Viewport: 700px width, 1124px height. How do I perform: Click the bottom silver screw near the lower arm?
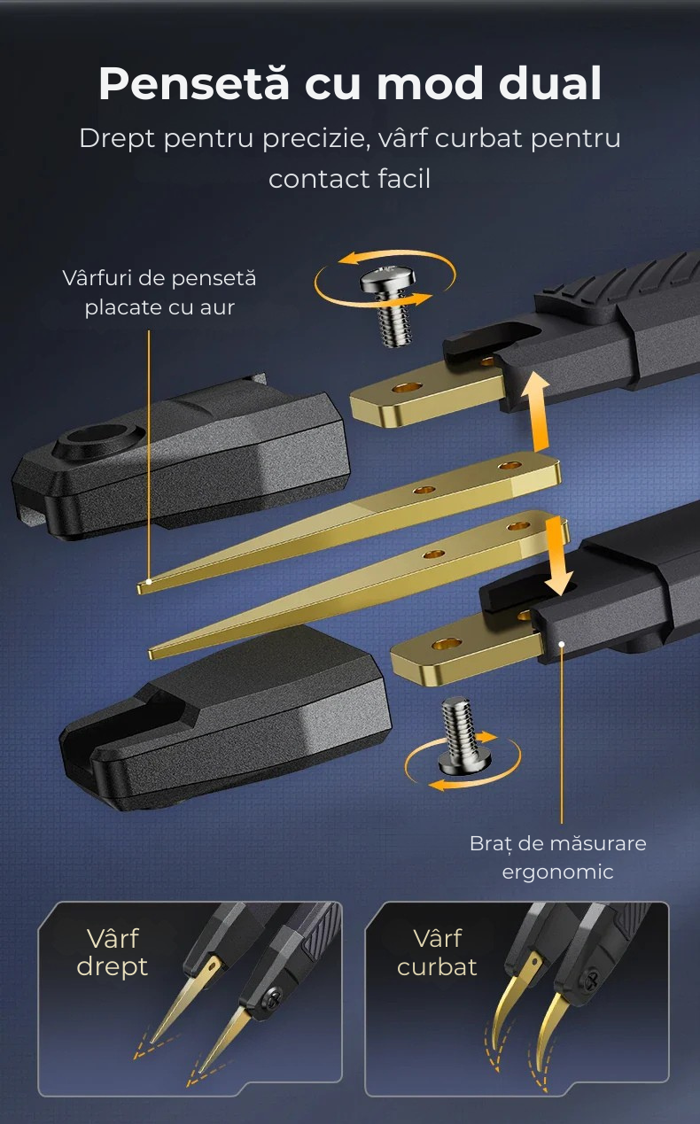(463, 736)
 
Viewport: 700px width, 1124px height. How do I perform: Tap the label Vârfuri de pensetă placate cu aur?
(159, 292)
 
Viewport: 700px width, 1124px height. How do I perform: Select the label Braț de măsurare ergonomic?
(558, 857)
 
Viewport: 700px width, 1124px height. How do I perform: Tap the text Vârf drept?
(113, 952)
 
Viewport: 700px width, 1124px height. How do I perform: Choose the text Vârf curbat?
(437, 952)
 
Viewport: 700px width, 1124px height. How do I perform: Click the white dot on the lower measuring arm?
(562, 644)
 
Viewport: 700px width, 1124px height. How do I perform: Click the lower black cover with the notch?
(225, 717)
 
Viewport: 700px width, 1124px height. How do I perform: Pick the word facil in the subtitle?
(404, 178)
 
